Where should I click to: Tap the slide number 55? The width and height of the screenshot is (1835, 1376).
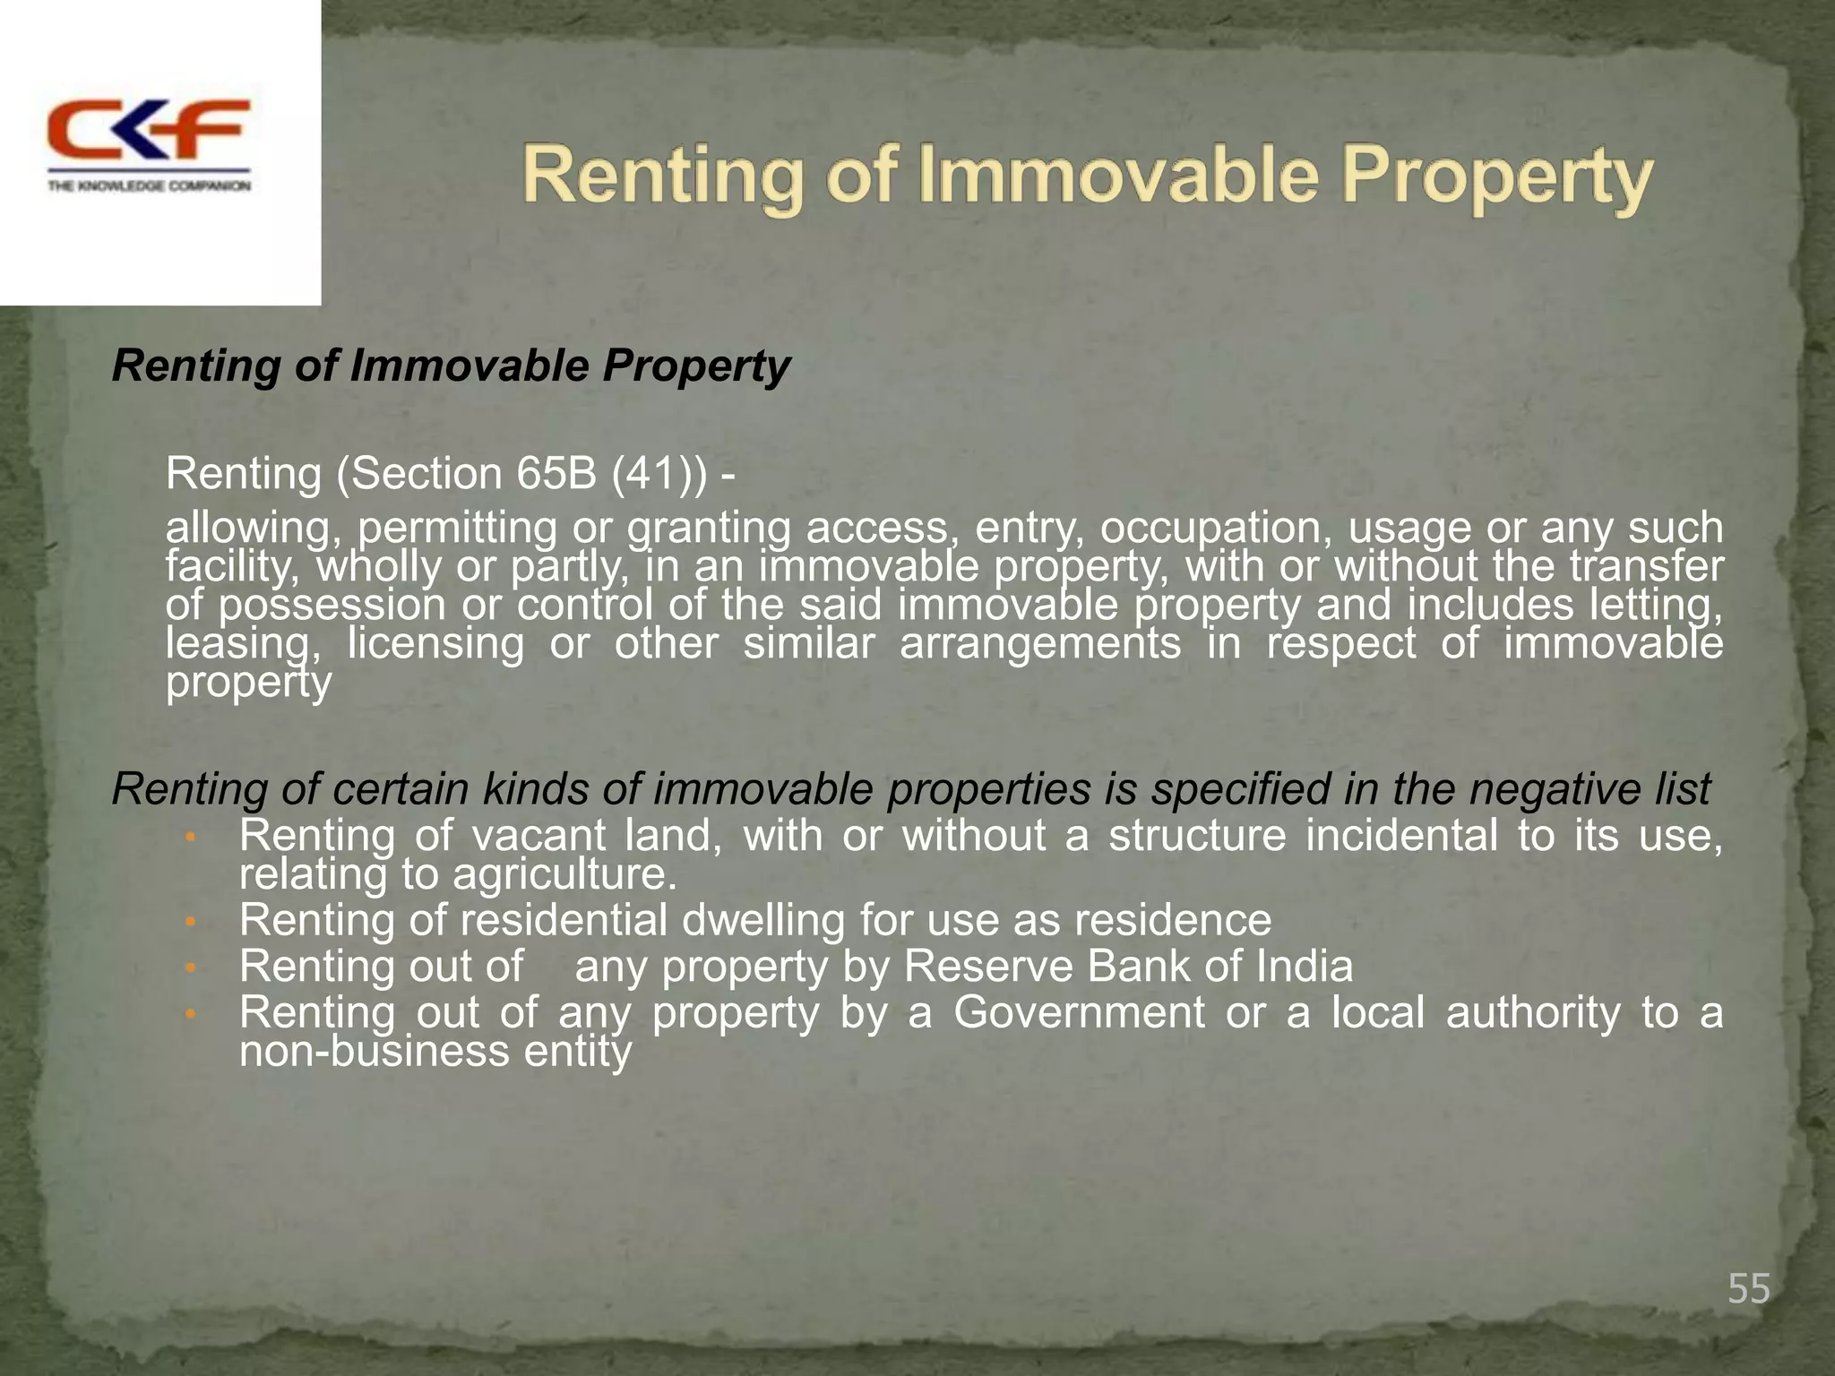point(1748,1289)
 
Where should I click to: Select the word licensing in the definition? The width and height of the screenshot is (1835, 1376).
point(435,643)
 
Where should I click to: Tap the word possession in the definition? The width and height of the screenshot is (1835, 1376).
point(332,606)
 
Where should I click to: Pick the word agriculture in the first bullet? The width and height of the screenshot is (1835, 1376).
point(564,874)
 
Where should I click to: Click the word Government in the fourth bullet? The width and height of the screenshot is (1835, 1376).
point(1079,1013)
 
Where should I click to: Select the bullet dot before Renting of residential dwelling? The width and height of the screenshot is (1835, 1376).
point(189,922)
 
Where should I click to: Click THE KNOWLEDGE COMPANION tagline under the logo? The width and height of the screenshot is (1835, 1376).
point(149,186)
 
